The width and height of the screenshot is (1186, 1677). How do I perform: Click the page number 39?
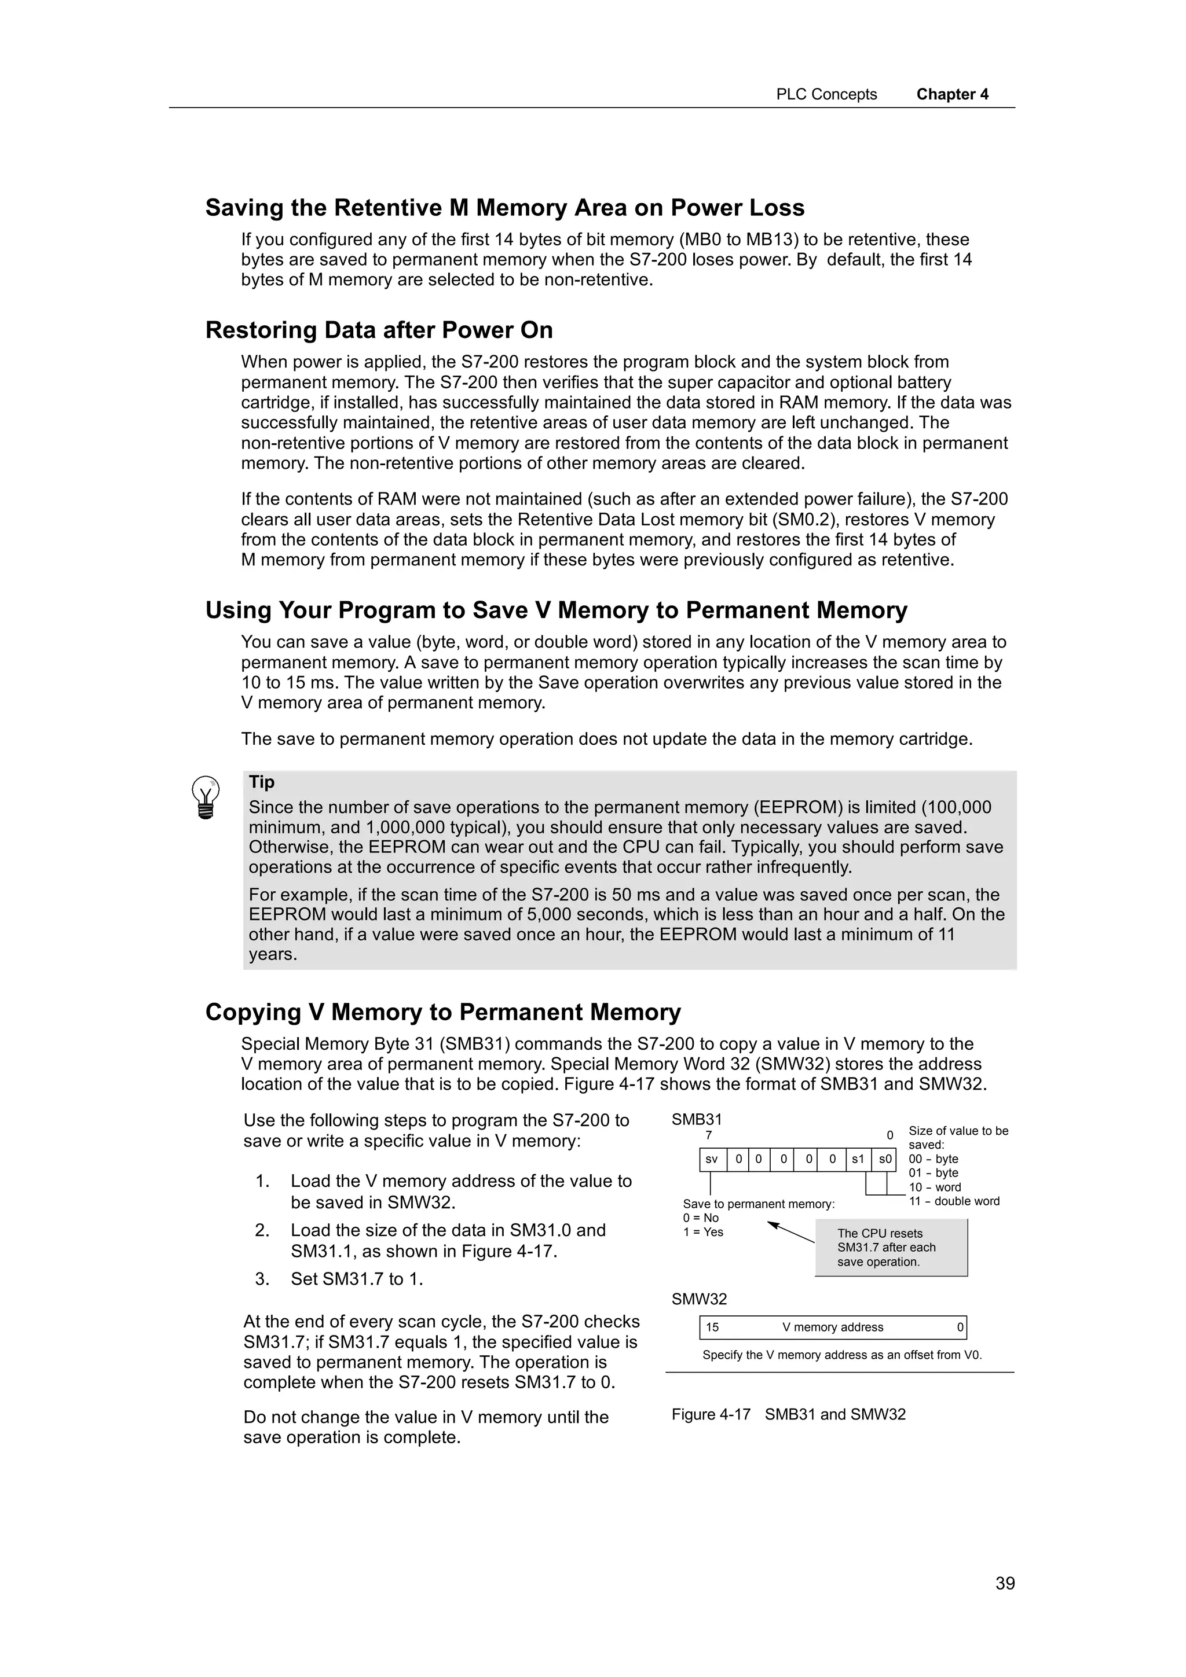(1004, 1583)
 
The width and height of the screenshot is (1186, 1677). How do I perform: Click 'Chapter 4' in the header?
(951, 94)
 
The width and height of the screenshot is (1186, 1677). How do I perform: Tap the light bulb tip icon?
(206, 797)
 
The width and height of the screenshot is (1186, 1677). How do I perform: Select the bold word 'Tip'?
(262, 782)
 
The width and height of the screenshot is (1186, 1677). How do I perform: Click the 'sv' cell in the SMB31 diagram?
(711, 1159)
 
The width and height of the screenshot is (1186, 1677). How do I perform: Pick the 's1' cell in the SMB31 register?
(858, 1159)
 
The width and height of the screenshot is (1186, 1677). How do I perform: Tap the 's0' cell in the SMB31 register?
(884, 1159)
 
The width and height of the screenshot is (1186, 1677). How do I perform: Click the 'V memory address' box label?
(832, 1327)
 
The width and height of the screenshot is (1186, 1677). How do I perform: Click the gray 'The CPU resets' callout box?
(890, 1248)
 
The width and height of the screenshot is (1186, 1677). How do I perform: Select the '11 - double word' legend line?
(954, 1201)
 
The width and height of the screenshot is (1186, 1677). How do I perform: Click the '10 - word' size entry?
(935, 1187)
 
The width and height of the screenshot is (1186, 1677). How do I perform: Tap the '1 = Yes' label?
(703, 1232)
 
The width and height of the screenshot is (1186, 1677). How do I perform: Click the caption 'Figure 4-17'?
(711, 1415)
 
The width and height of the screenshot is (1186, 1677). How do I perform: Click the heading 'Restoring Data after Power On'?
(379, 330)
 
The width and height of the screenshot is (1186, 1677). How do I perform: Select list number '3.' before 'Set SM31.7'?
(262, 1279)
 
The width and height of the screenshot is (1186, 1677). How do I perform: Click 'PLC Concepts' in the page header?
(826, 94)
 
